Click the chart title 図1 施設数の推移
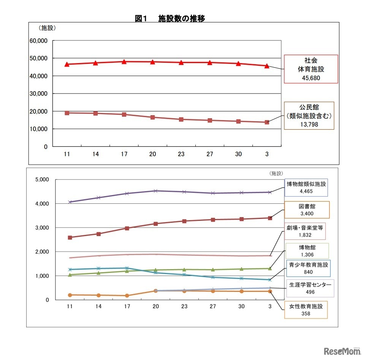pyautogui.click(x=170, y=18)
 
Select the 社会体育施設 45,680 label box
pyautogui.click(x=311, y=69)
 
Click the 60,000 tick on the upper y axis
pyautogui.click(x=38, y=41)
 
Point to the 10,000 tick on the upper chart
pyautogui.click(x=38, y=129)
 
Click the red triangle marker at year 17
pyautogui.click(x=124, y=62)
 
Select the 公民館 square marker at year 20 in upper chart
pyautogui.click(x=152, y=117)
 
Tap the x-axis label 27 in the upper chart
pyautogui.click(x=209, y=154)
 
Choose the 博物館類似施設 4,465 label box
pyautogui.click(x=306, y=187)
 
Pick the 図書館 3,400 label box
pyautogui.click(x=307, y=209)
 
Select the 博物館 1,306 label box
pyautogui.click(x=307, y=251)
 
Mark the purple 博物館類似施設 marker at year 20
pyautogui.click(x=155, y=191)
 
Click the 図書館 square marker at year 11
pyautogui.click(x=70, y=238)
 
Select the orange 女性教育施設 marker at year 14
pyautogui.click(x=98, y=295)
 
